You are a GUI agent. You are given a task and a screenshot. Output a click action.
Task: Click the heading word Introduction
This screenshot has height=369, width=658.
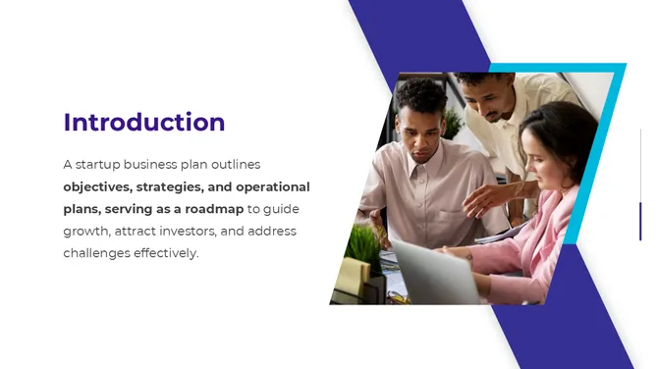coord(144,123)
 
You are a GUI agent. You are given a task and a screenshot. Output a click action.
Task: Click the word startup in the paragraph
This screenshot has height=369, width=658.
coord(103,164)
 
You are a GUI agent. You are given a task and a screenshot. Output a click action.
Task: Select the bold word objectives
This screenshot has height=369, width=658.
coord(97,186)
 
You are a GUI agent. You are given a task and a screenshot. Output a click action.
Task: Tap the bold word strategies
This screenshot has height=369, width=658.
coord(170,186)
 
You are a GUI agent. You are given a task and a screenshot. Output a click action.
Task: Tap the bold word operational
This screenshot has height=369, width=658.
coord(272,186)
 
